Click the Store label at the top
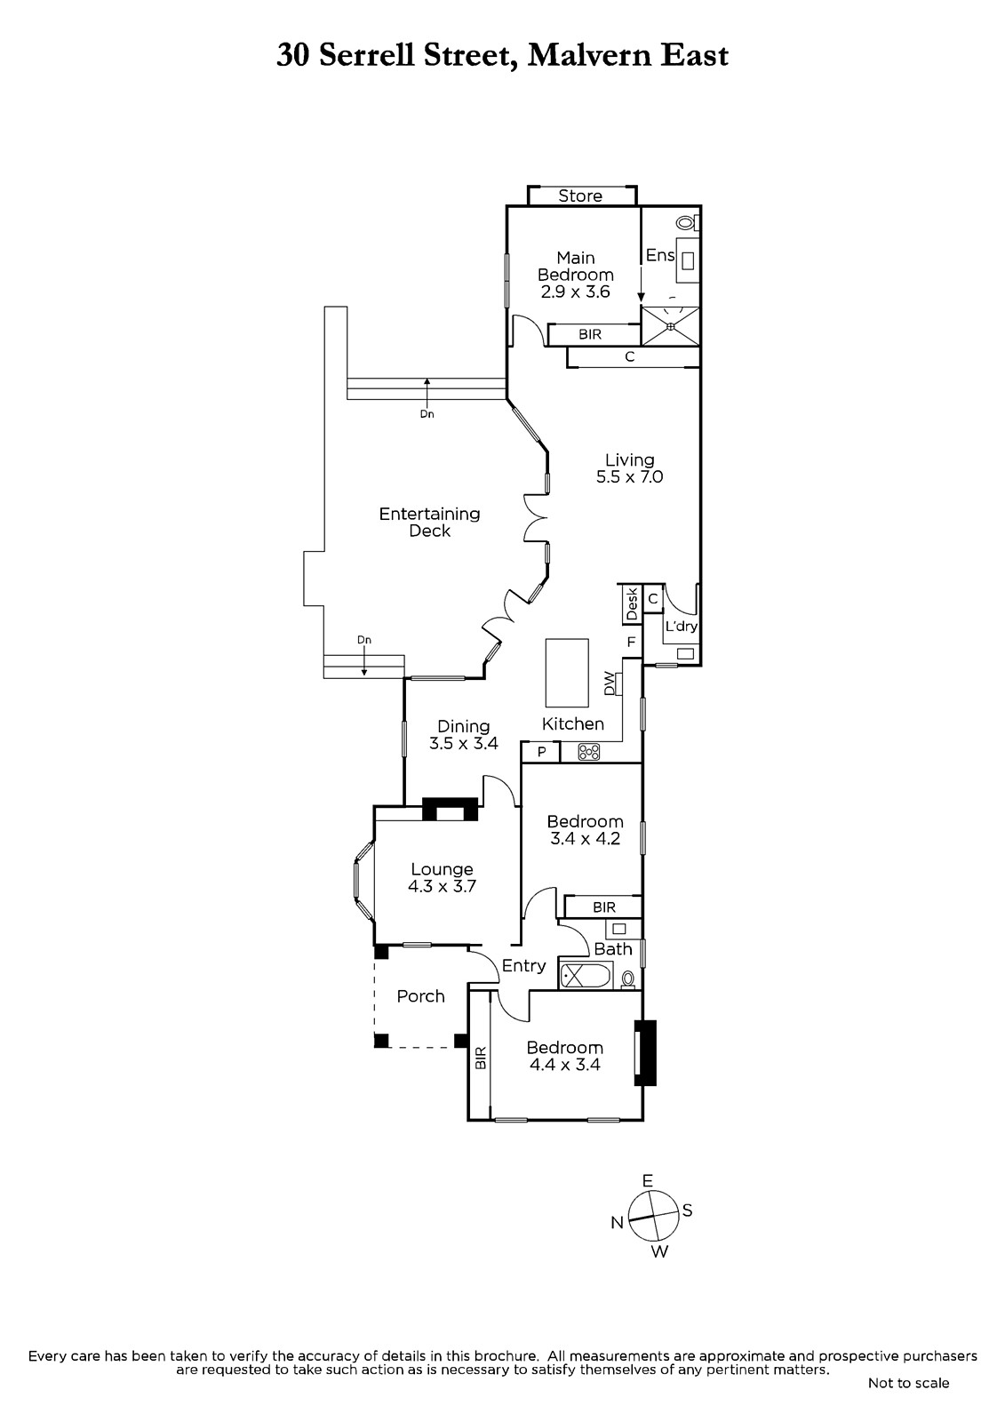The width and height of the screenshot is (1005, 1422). (579, 196)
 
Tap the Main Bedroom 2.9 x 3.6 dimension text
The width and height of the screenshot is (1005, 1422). (575, 292)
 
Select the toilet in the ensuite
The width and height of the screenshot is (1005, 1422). (688, 223)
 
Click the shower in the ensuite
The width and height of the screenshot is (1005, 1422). (670, 326)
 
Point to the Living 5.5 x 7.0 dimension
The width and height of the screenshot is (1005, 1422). (629, 476)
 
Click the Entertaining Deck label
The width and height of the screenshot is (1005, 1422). (429, 523)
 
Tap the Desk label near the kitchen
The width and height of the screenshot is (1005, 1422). (631, 603)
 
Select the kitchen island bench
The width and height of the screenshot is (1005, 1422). (567, 673)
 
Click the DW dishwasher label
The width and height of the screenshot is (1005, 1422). (609, 683)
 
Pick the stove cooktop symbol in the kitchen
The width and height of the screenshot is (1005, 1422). (589, 752)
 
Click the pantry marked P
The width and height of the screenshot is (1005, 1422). (541, 752)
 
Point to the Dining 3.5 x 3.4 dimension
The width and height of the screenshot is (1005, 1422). (464, 743)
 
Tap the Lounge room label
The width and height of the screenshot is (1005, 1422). (442, 869)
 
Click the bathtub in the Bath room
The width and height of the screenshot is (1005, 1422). (586, 974)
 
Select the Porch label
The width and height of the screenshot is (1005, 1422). (420, 996)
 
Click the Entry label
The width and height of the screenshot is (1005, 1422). (523, 966)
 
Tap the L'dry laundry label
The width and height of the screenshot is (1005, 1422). (682, 627)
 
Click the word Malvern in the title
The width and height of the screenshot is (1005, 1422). (589, 56)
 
